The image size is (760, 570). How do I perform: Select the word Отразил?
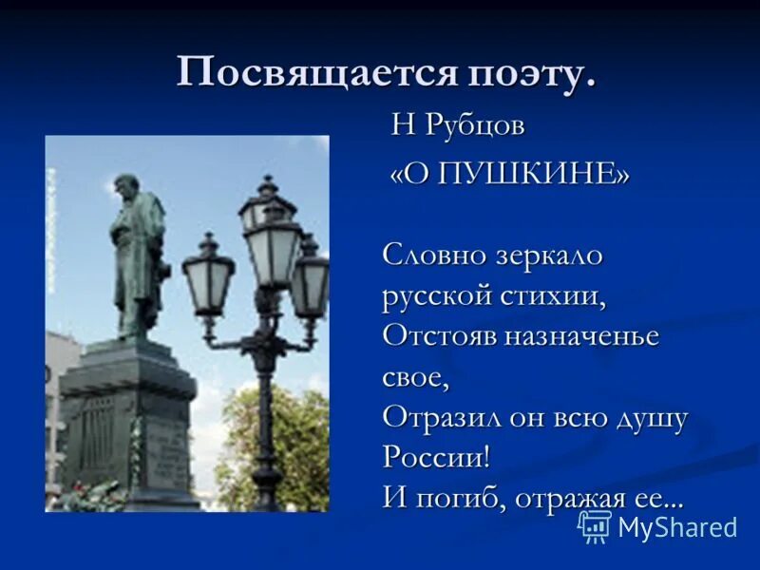coord(438,417)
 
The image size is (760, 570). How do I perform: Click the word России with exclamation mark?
coord(436,457)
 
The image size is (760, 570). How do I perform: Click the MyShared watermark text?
coord(677,527)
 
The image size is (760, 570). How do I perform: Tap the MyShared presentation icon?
coord(595,526)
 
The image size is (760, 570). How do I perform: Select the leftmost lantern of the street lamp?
coord(207,275)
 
